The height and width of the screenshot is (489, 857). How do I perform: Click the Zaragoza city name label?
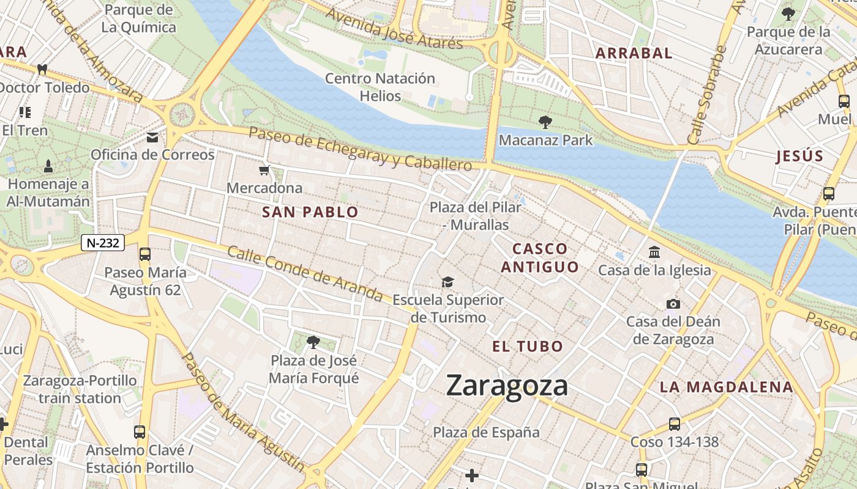[507, 386]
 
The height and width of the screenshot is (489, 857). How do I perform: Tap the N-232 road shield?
[103, 243]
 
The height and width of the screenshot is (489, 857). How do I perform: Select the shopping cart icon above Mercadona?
[264, 171]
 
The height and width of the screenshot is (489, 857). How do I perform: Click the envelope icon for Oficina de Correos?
[152, 138]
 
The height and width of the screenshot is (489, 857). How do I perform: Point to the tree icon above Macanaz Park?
[545, 122]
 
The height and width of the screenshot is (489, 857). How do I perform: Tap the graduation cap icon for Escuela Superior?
[448, 282]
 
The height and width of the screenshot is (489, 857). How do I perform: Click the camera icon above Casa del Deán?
[673, 304]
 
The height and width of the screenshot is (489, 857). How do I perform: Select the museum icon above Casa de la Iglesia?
[654, 252]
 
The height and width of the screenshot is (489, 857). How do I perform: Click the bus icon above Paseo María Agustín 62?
[145, 254]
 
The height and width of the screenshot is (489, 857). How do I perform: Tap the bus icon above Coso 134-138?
[674, 424]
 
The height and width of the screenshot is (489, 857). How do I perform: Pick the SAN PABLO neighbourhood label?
[310, 212]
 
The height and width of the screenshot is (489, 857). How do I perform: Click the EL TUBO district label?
[528, 347]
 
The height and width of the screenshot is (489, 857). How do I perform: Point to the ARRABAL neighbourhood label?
[634, 53]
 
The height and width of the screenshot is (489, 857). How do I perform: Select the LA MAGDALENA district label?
[726, 387]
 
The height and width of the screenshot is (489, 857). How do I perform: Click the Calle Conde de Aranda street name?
[304, 274]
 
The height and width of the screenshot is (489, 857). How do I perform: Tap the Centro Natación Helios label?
[380, 87]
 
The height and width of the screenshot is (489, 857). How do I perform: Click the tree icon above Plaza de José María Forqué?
[313, 342]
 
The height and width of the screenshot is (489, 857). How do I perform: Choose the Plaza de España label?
[486, 432]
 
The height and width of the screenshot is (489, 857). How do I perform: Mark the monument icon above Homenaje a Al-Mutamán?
[48, 166]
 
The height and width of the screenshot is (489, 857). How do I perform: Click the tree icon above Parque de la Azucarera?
[788, 13]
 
